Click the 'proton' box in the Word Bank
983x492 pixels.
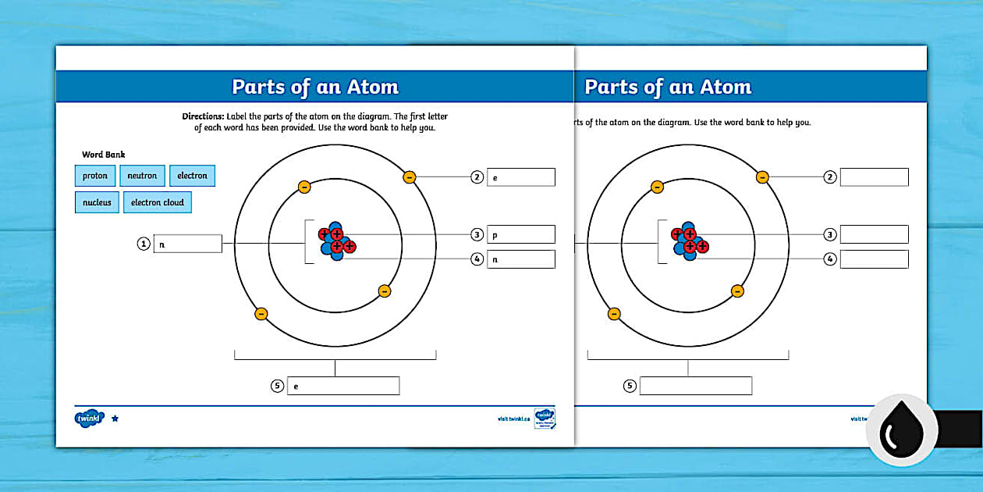pos(95,176)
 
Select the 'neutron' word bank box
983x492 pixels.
pos(143,176)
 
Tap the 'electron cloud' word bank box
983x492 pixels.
pos(157,202)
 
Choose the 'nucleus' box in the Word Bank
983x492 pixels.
pos(97,202)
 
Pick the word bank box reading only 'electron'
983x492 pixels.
pos(192,176)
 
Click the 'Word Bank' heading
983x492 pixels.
pos(103,155)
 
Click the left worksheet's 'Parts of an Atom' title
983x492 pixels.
pos(314,87)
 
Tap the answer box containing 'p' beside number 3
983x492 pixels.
pos(520,234)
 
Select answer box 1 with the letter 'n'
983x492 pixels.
pos(187,244)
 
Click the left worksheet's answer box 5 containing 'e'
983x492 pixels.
pos(342,386)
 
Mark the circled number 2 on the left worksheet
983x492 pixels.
pos(477,177)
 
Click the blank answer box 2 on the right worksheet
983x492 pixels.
pos(874,177)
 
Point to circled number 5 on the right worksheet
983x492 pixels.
pos(630,386)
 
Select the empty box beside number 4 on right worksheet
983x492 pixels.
pos(874,259)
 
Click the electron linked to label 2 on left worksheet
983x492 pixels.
pos(410,177)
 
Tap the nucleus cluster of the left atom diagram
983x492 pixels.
pos(336,240)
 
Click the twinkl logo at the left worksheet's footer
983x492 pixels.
pos(89,419)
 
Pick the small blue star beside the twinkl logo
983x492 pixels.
pos(115,419)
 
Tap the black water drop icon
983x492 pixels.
pos(901,430)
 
